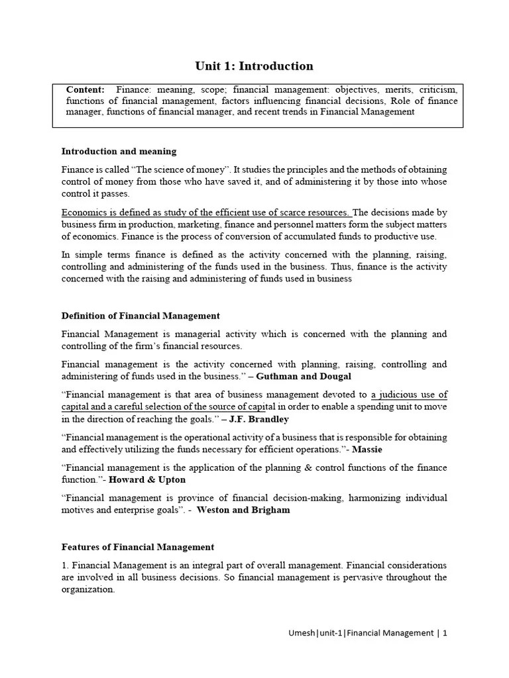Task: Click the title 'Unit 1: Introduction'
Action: [254, 66]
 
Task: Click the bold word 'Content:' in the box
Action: [85, 89]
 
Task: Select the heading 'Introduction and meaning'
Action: [119, 152]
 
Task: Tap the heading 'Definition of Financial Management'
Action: [140, 316]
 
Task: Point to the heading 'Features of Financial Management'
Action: [137, 547]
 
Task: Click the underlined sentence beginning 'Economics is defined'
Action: [205, 213]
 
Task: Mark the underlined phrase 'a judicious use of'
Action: [409, 395]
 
